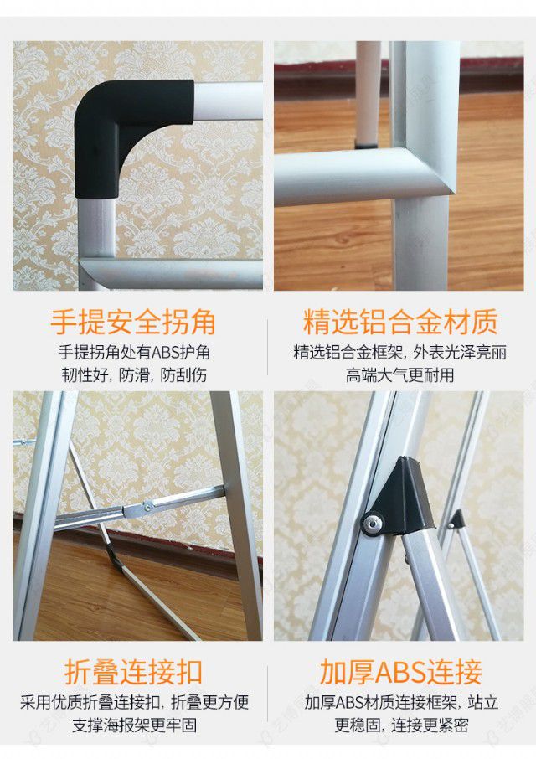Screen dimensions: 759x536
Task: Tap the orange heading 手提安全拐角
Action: [133, 322]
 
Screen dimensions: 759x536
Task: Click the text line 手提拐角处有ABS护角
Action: [133, 352]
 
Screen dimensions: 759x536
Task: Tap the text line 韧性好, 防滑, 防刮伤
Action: [133, 374]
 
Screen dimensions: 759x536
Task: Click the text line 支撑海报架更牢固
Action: [133, 725]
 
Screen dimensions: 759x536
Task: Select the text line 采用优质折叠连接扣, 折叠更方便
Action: [133, 702]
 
